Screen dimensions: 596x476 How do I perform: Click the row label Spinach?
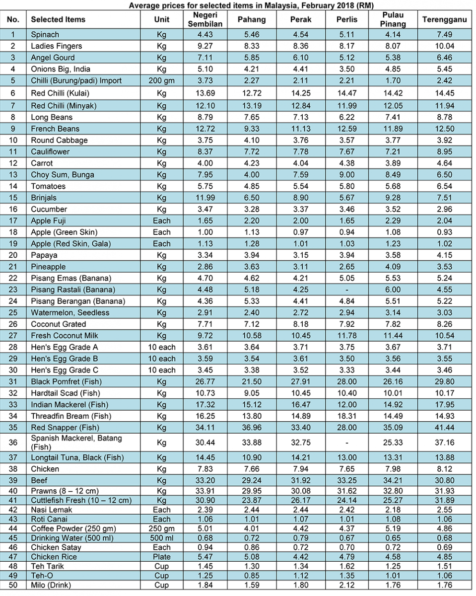click(45, 35)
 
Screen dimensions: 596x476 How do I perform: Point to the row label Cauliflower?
click(50, 151)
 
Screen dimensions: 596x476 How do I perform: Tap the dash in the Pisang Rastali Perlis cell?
click(347, 290)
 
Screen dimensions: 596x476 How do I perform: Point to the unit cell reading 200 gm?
click(162, 80)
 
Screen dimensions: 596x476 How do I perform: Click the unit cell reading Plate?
click(162, 557)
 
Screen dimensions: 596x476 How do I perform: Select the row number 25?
click(13, 312)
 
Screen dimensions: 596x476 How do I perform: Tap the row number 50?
click(13, 585)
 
